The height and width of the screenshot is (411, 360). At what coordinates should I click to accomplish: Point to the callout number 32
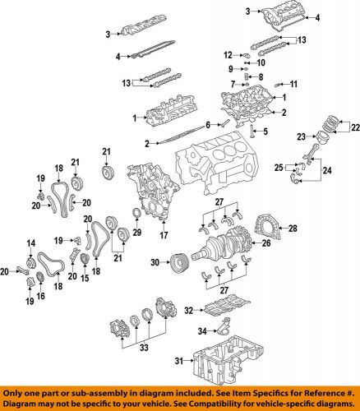click(188, 311)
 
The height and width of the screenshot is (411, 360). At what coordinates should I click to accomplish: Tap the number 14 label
click(30, 241)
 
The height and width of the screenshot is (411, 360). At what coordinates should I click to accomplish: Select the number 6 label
click(209, 123)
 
